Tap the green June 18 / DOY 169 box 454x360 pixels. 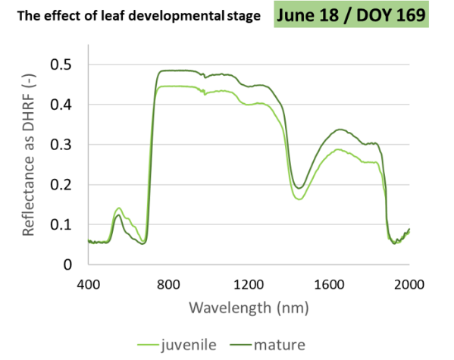[x=352, y=15]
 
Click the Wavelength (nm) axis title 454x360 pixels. [x=249, y=309]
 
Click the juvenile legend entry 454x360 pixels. [x=186, y=346]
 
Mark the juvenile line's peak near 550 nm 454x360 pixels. [x=118, y=208]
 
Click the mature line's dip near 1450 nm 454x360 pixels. [x=300, y=188]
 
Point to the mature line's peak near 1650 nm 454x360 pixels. [x=340, y=130]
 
